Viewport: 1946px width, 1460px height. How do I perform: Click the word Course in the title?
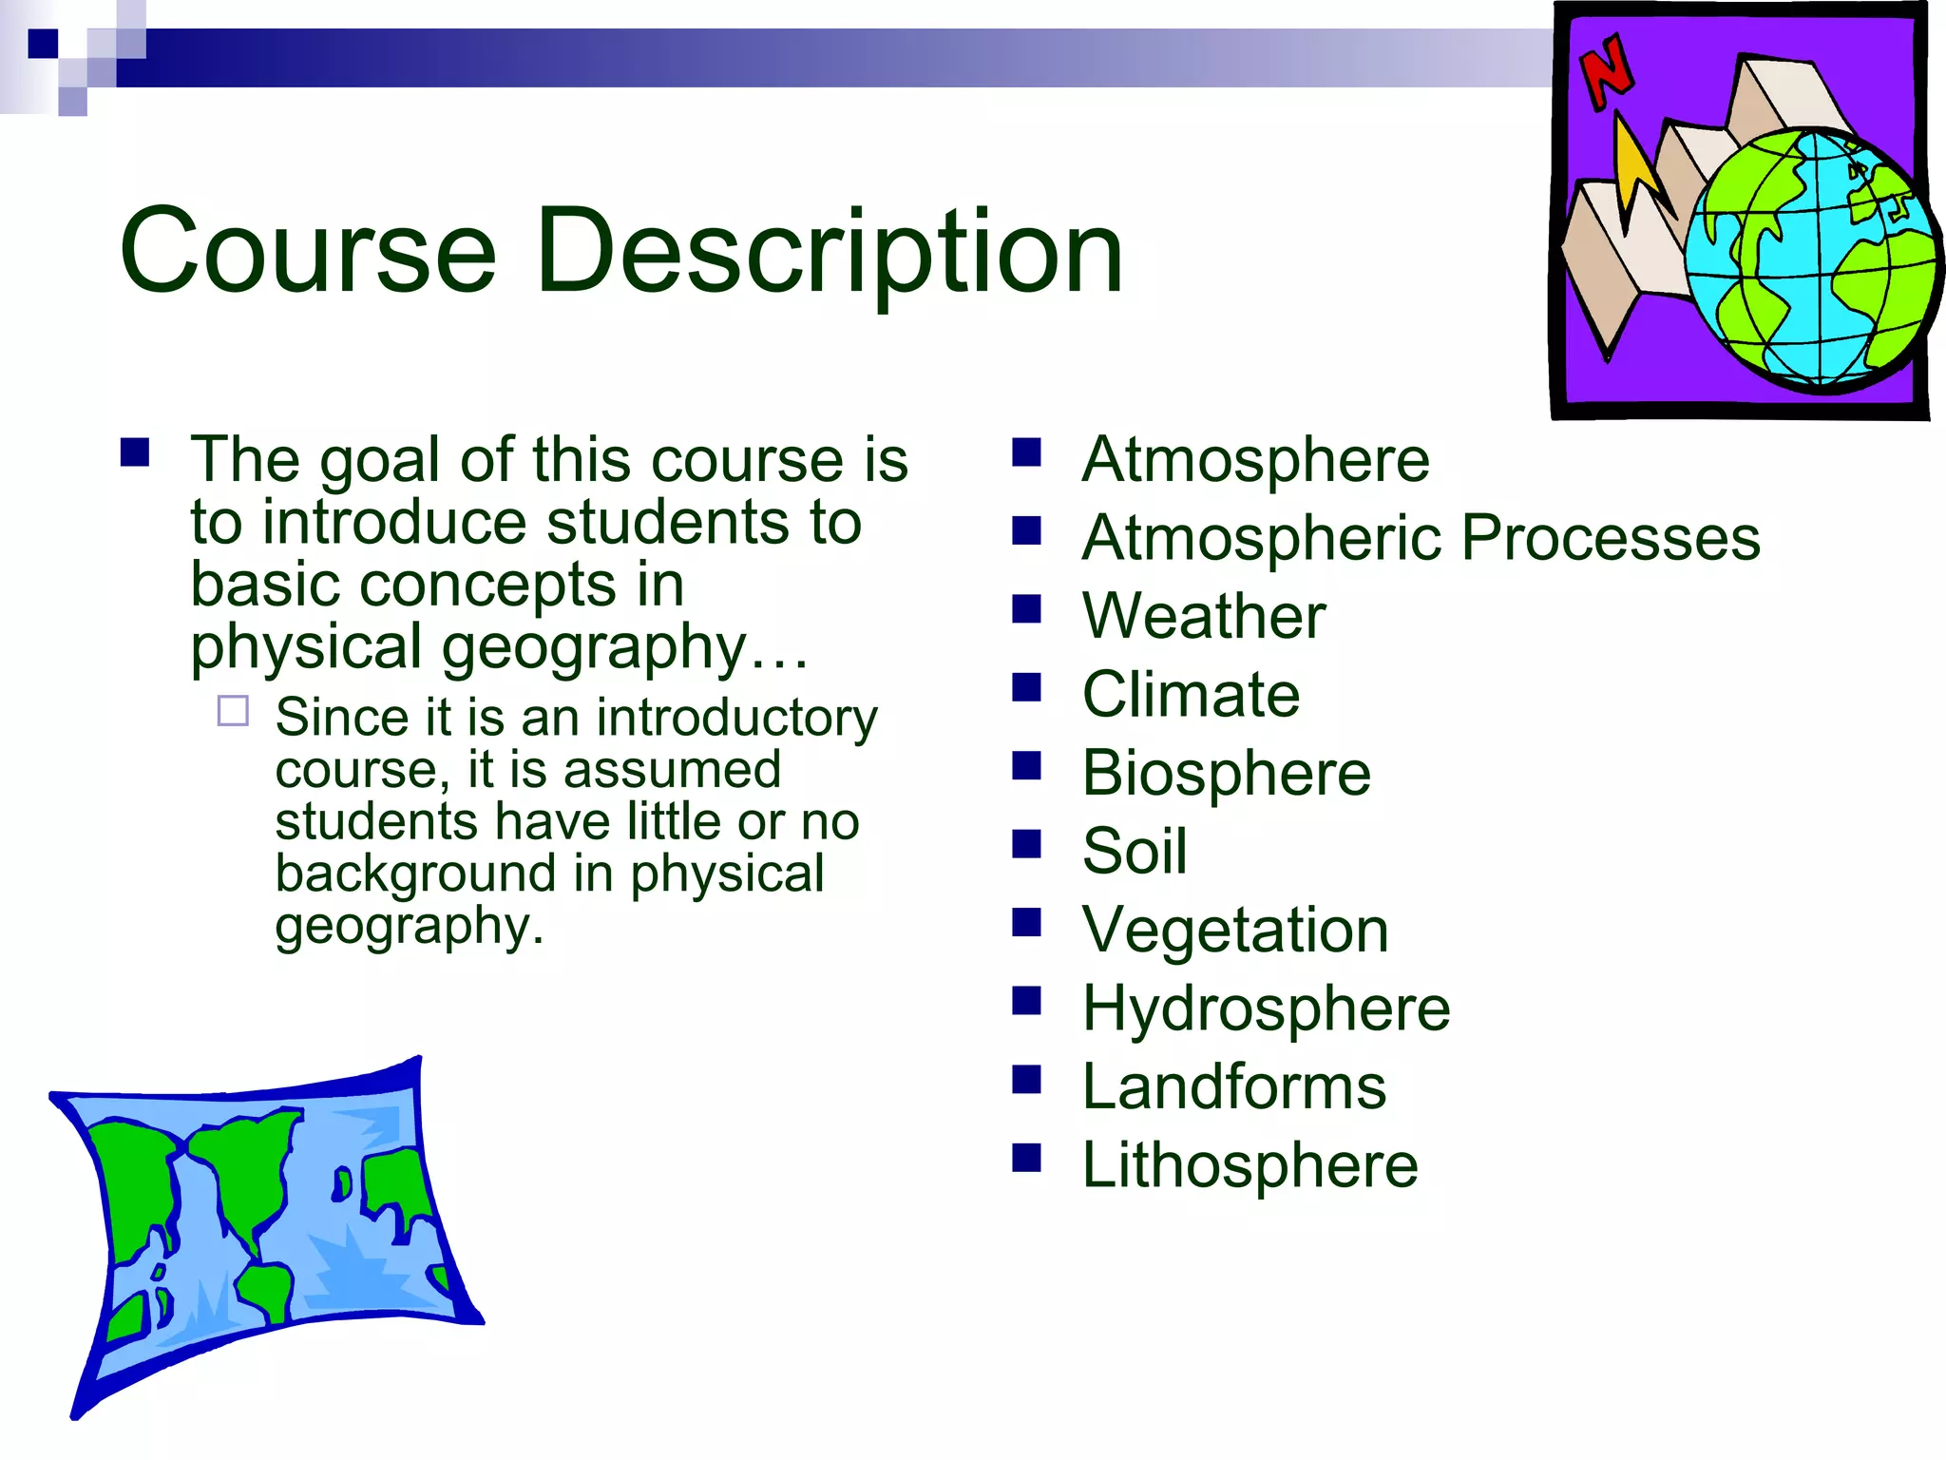(x=307, y=252)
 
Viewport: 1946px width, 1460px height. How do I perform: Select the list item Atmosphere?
(x=1254, y=460)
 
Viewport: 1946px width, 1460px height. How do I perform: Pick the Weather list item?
(x=1203, y=616)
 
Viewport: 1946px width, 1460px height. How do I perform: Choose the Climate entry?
(x=1191, y=694)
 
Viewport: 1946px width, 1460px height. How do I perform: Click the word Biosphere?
(x=1226, y=773)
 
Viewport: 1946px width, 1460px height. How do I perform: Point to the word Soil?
(x=1135, y=851)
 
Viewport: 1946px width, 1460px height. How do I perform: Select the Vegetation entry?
(x=1234, y=930)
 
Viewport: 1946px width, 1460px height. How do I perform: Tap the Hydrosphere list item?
(x=1266, y=1008)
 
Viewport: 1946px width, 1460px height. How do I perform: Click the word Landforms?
(x=1233, y=1086)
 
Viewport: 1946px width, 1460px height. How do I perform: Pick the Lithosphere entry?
(x=1250, y=1165)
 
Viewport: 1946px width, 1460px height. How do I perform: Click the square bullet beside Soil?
(x=1026, y=843)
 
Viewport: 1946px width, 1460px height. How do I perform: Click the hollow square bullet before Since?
(x=233, y=711)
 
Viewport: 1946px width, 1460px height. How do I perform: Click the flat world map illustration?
(x=266, y=1226)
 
